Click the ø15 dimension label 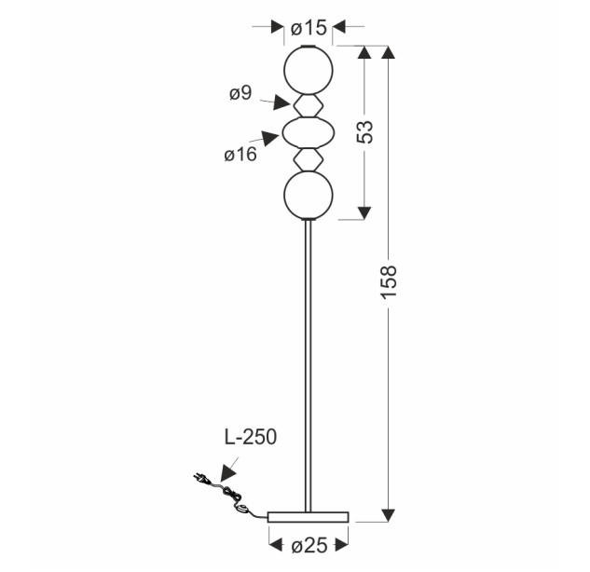pos(309,28)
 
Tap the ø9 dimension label pos(240,93)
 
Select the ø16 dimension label pos(240,155)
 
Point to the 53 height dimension pos(364,131)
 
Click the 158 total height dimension pos(389,282)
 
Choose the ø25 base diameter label pos(309,546)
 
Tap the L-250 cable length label pos(251,437)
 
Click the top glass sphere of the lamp pos(309,70)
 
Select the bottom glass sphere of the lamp pos(309,195)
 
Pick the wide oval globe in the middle pos(309,132)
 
